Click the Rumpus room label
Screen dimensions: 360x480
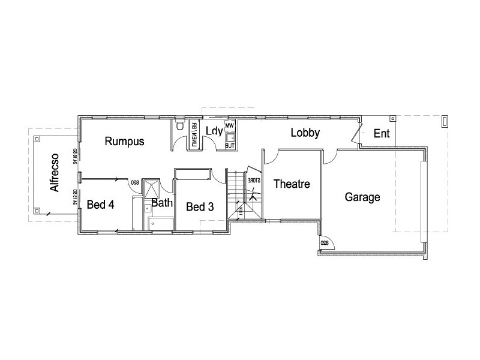124,142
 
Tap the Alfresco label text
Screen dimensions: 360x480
55,172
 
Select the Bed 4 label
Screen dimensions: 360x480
100,204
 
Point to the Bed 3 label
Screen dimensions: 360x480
200,207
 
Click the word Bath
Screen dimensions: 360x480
162,203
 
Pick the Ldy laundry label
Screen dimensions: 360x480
214,131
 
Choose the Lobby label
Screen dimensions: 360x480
305,133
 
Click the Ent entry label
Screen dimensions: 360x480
382,134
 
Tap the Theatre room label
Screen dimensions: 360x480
292,184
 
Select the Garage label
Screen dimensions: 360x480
362,197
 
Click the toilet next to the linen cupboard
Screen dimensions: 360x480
180,127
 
